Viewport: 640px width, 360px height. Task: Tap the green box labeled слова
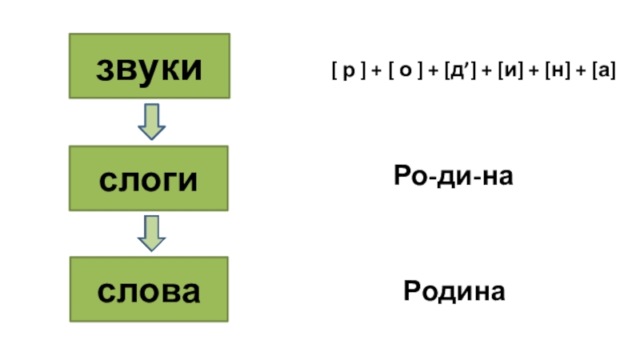point(149,290)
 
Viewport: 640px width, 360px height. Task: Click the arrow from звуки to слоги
point(151,121)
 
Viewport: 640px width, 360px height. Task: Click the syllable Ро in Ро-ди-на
point(410,176)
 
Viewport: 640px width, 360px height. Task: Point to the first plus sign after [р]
point(376,72)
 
